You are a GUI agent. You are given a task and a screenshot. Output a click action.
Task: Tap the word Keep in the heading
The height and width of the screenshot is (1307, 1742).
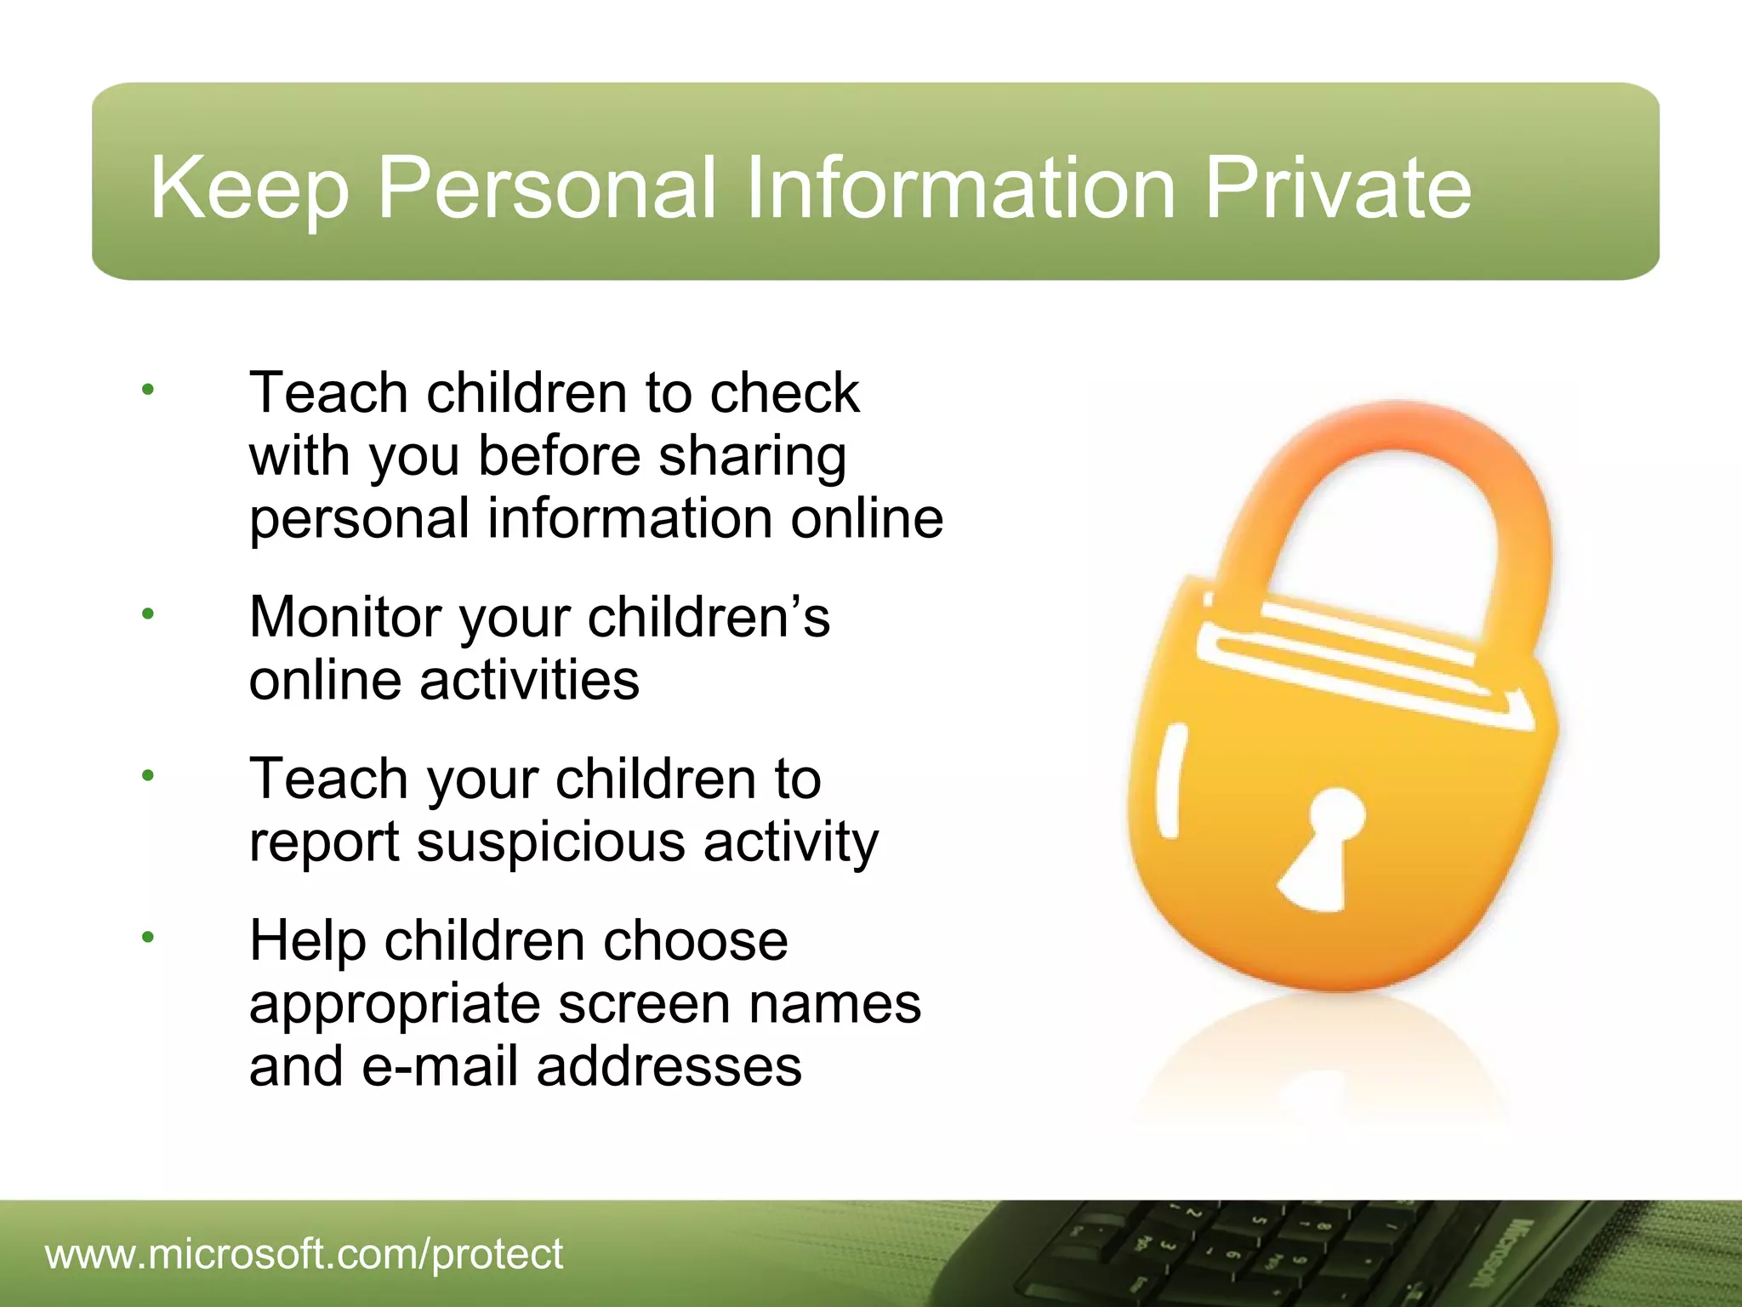click(x=249, y=189)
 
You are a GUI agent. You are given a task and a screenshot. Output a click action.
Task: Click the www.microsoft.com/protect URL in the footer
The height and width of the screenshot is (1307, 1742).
click(x=304, y=1253)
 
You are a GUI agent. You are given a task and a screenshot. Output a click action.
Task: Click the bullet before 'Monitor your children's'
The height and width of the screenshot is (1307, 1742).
click(x=148, y=614)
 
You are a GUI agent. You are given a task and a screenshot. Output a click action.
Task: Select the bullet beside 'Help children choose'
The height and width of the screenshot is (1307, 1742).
click(x=148, y=938)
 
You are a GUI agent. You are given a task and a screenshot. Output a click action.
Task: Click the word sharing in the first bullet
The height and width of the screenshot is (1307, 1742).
click(x=752, y=457)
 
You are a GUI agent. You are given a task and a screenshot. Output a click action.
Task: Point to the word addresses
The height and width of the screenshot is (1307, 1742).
click(x=669, y=1066)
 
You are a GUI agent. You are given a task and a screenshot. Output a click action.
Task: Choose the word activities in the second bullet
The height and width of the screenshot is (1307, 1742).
click(x=528, y=680)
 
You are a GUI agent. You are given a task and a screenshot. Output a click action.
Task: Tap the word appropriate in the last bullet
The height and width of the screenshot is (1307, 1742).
click(x=395, y=1005)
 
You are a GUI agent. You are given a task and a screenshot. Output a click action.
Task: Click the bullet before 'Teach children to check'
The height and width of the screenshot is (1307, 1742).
click(x=148, y=390)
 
